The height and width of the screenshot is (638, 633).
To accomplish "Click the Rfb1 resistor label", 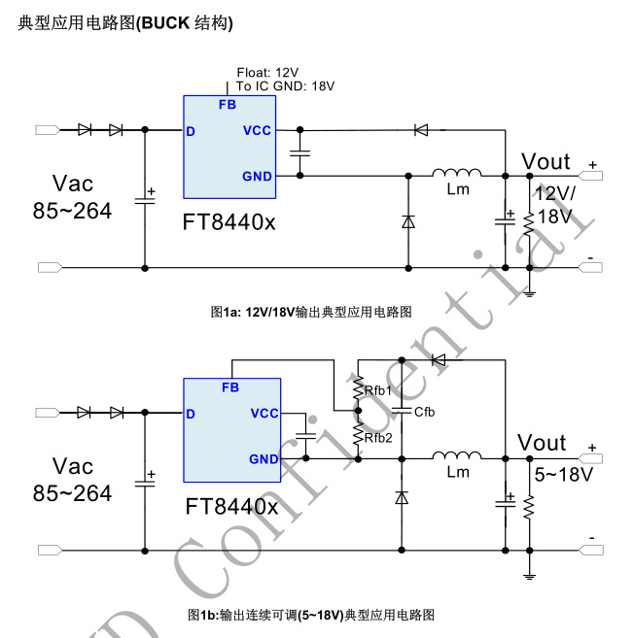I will [378, 390].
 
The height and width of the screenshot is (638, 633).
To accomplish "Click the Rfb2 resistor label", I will [378, 437].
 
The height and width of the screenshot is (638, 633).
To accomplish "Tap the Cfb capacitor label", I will [424, 412].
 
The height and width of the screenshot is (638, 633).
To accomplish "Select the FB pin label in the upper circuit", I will [228, 105].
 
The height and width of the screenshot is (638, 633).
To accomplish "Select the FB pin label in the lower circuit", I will [230, 387].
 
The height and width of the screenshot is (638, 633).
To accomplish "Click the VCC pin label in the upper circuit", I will [257, 130].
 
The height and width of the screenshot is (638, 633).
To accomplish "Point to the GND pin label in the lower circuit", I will [264, 459].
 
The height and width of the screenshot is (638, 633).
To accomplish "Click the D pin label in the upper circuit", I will [192, 131].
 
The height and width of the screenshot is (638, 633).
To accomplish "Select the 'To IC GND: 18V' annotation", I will [286, 86].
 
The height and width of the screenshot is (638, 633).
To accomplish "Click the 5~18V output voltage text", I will [563, 476].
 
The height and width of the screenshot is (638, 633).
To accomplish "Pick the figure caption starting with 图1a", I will [311, 312].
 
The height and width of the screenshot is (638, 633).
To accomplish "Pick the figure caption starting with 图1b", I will [311, 615].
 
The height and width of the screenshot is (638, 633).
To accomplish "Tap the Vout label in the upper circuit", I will [545, 160].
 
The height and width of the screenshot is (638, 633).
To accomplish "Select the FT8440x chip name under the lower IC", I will [231, 506].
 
